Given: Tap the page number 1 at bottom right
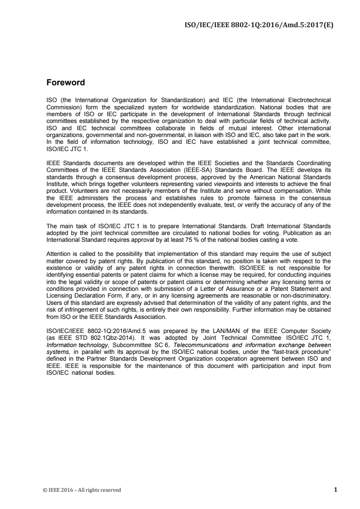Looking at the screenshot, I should pos(335,489).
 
